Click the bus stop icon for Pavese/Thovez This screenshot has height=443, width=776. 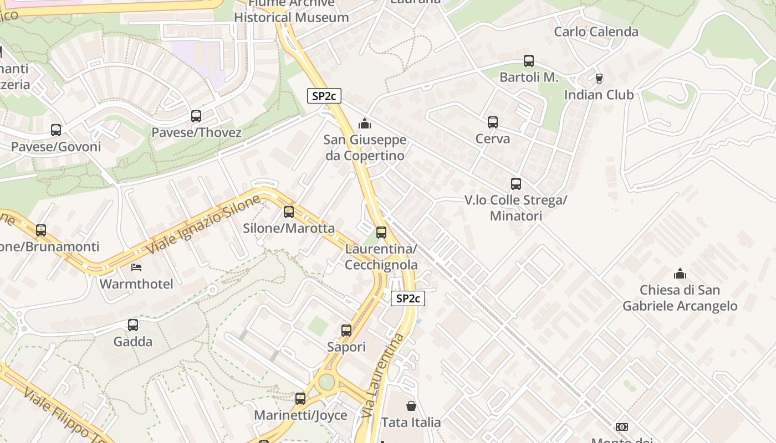click(x=196, y=116)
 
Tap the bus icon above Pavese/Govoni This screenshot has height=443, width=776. click(x=56, y=130)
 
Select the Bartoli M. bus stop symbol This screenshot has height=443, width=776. click(x=529, y=61)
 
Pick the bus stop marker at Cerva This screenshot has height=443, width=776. click(x=493, y=122)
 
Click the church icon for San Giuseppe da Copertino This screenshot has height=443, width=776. click(x=365, y=123)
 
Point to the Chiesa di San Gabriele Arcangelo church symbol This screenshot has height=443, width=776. click(x=680, y=274)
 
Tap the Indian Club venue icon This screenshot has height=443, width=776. click(x=599, y=79)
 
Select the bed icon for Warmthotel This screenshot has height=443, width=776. click(x=136, y=267)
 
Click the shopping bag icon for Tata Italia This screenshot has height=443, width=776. click(x=411, y=406)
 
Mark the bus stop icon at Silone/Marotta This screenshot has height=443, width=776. click(x=289, y=212)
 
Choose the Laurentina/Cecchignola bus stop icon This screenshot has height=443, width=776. click(x=381, y=233)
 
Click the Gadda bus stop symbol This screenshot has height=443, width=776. click(x=133, y=325)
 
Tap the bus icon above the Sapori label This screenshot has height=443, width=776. click(x=346, y=331)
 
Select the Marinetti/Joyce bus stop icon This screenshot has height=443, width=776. click(x=300, y=399)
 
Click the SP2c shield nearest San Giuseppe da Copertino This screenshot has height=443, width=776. click(x=324, y=96)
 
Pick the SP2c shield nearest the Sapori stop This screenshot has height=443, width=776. click(x=408, y=298)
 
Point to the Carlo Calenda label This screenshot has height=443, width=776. click(x=596, y=32)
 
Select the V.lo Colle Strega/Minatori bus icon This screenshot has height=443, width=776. click(x=516, y=184)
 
